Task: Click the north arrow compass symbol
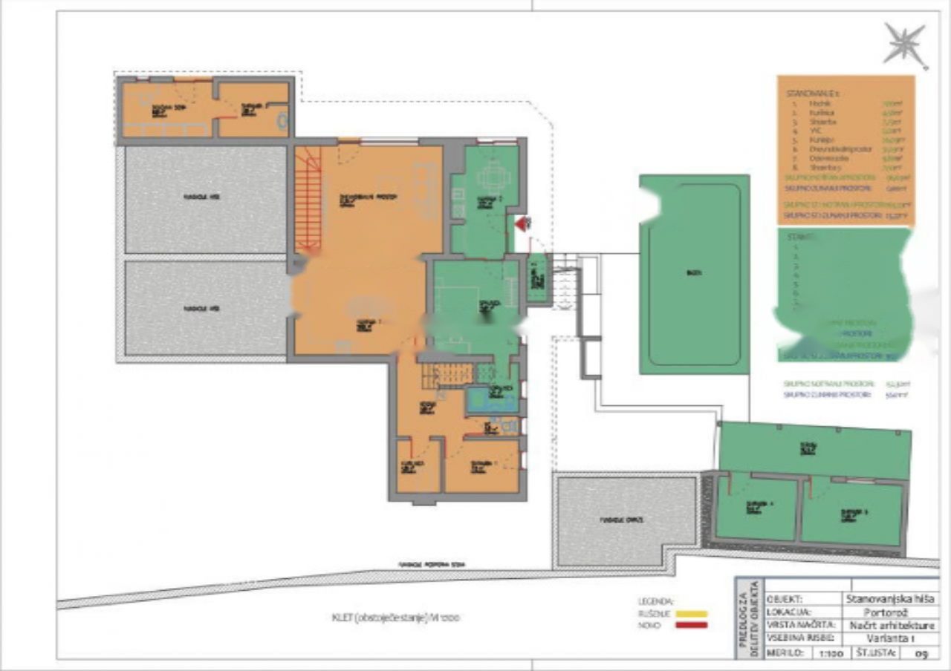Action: (905, 44)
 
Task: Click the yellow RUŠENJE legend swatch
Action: (691, 614)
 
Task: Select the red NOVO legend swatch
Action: (691, 625)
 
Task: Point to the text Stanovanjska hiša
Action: (889, 598)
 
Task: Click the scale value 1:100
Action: (831, 652)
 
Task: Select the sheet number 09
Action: (921, 652)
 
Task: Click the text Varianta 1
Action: (889, 638)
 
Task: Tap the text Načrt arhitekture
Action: (889, 625)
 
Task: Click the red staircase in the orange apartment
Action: (308, 199)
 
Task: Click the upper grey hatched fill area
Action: (205, 199)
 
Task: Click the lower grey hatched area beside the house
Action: (205, 307)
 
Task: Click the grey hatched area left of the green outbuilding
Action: (625, 520)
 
